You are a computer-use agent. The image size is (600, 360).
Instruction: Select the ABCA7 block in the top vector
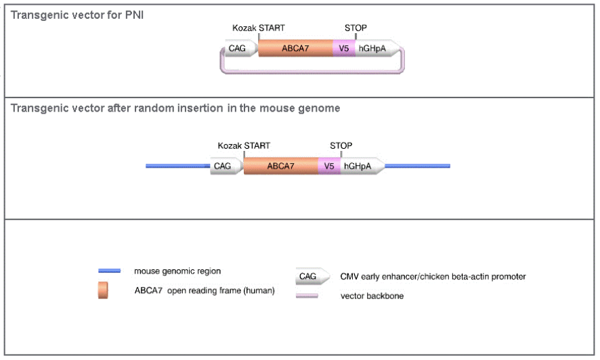[x=295, y=48]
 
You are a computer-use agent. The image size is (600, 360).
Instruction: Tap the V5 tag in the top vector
[x=343, y=48]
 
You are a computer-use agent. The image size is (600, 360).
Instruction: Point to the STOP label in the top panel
[x=356, y=28]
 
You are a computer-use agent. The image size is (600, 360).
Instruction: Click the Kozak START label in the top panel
[x=259, y=28]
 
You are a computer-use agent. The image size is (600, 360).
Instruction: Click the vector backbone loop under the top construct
[x=312, y=70]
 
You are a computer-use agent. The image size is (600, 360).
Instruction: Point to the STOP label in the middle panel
[x=341, y=145]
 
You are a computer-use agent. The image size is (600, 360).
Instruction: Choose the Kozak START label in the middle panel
[x=244, y=145]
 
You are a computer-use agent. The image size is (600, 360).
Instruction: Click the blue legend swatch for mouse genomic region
[x=109, y=271]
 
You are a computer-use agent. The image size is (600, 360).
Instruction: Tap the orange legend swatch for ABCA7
[x=103, y=290]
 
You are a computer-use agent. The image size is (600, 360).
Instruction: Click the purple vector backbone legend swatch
[x=307, y=296]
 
